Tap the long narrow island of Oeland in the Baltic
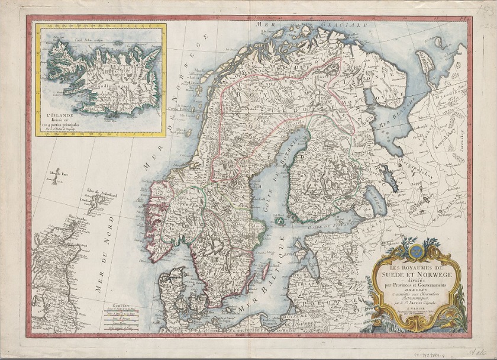(265, 272)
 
